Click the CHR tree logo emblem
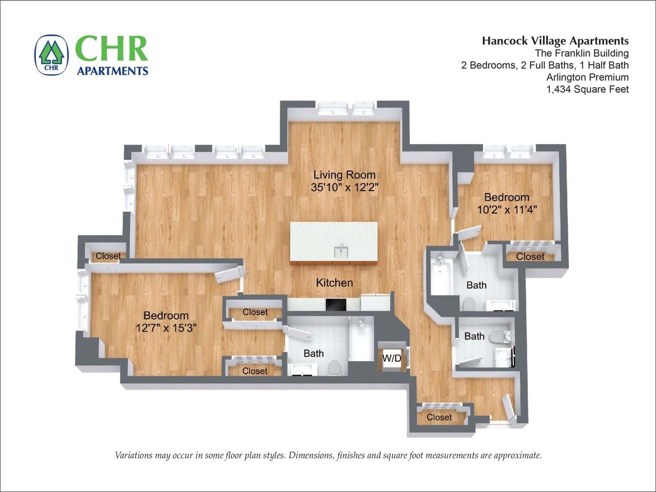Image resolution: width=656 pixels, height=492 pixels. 51,55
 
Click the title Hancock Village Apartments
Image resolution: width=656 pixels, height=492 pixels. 555,41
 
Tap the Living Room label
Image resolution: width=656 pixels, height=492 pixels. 344,175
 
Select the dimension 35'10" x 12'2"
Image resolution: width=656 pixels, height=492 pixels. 344,188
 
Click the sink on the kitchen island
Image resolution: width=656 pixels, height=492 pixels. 339,251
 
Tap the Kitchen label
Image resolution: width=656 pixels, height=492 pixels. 334,283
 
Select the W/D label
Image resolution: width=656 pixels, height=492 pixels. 392,359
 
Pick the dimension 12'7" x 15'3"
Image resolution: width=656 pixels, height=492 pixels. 166,328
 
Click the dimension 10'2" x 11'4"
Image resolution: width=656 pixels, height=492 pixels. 507,210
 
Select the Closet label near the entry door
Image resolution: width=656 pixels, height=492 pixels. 439,417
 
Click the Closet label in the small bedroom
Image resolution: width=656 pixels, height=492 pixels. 530,256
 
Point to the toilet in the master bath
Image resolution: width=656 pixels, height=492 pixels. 334,367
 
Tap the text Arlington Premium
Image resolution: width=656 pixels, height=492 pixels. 587,77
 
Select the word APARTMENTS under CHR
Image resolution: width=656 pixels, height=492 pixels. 112,71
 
